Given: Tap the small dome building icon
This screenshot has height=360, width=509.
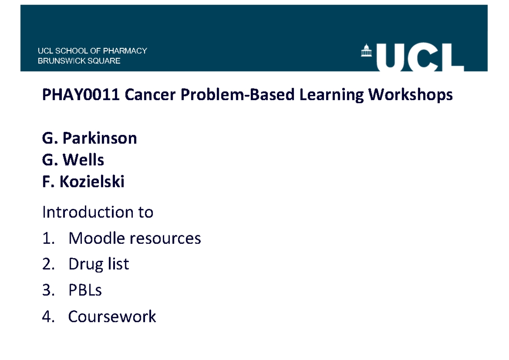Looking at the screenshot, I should tap(365, 50).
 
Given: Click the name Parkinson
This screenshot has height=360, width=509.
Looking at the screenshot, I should tap(100, 138).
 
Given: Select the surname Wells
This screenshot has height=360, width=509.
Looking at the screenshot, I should tap(83, 160).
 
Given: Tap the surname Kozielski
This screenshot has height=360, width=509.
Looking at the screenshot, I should tap(92, 182).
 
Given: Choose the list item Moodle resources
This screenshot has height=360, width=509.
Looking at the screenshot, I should tap(134, 239).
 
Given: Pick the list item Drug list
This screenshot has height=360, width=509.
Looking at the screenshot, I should tap(98, 265).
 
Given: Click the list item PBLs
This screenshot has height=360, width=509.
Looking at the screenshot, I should tap(85, 290).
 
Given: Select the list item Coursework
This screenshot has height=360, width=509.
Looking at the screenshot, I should tap(112, 317).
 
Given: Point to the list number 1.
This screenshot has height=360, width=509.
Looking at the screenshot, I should tap(48, 239).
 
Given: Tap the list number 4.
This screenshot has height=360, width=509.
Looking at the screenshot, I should tap(48, 317).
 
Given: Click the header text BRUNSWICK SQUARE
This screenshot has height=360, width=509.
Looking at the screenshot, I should tap(79, 61).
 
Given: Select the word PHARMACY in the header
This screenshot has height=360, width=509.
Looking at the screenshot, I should tap(127, 51).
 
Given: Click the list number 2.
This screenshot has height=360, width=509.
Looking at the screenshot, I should tap(48, 265).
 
